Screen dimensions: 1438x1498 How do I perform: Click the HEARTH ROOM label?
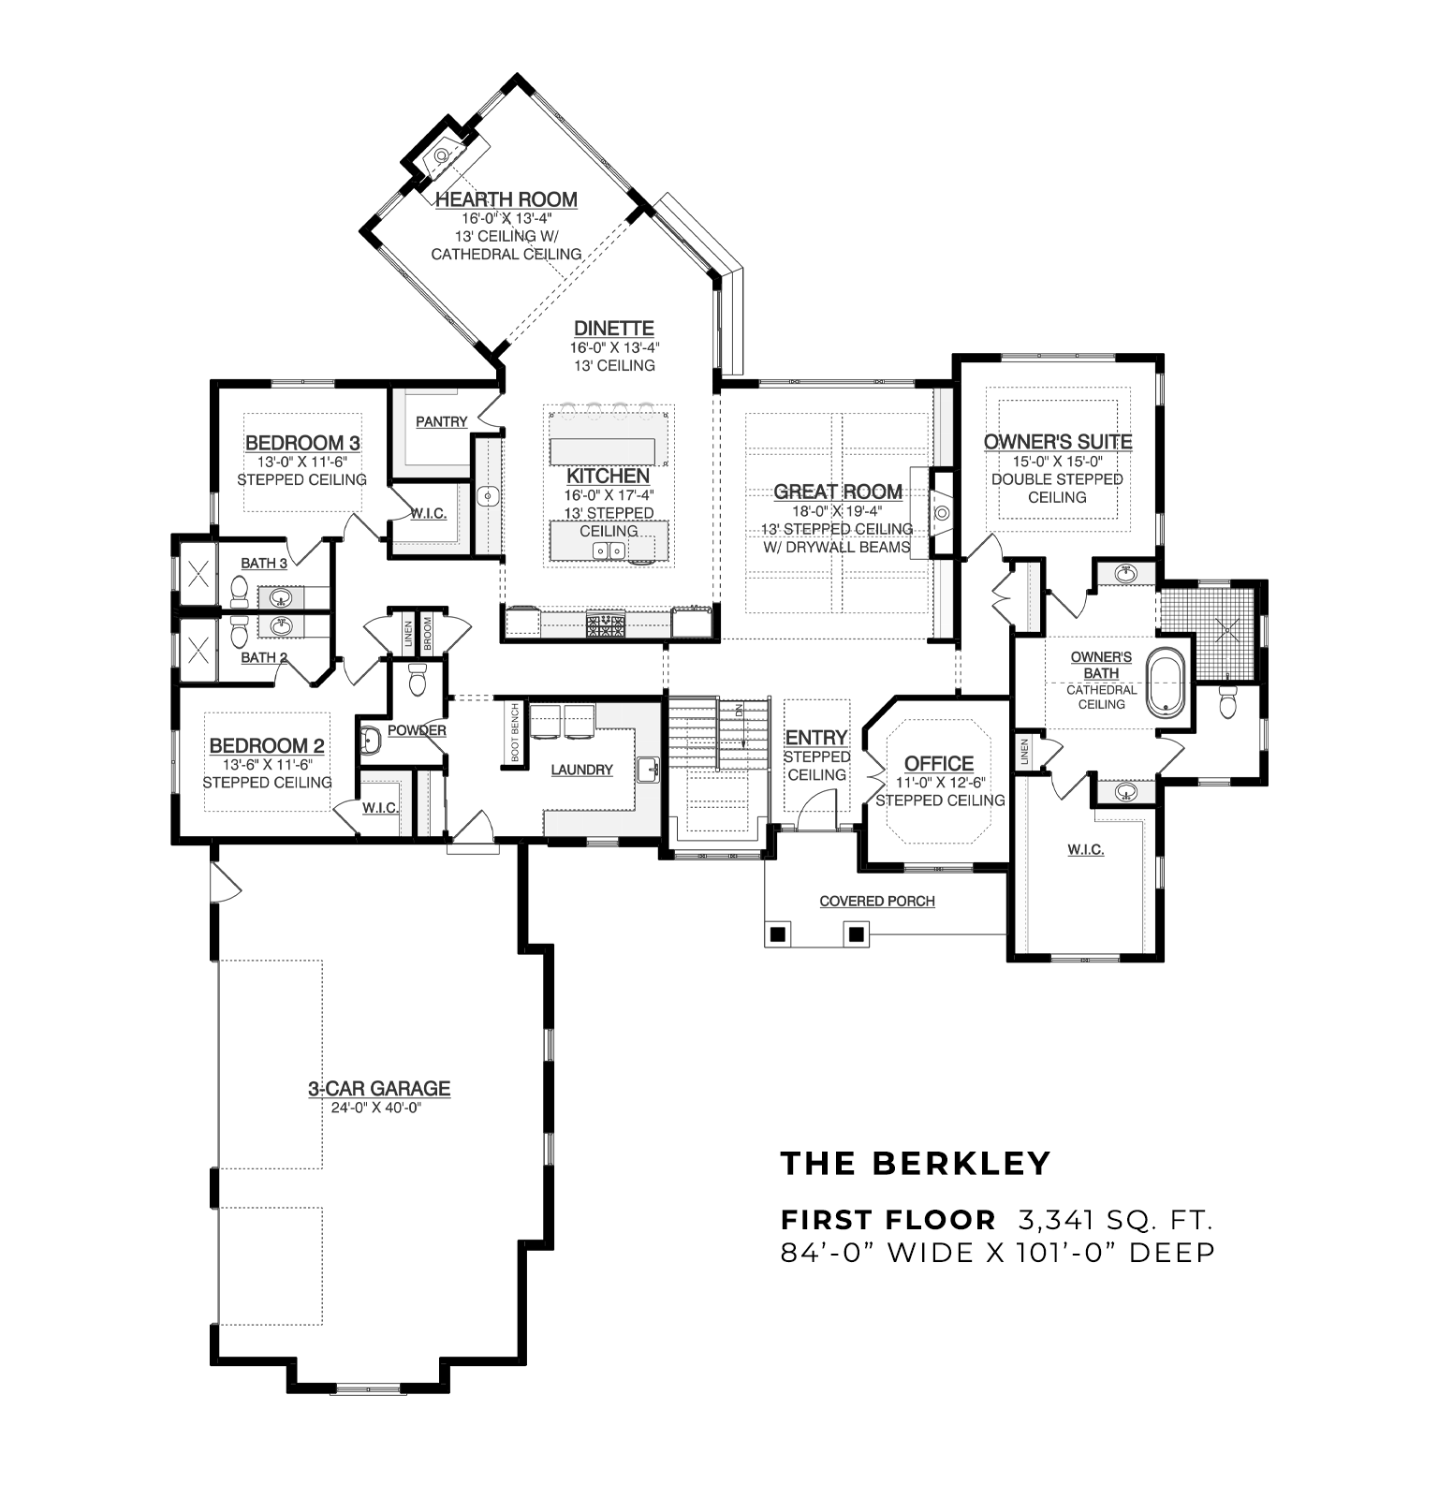point(506,199)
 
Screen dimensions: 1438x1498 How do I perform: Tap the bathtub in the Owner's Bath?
point(1167,683)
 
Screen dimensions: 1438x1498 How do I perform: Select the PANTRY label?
point(441,422)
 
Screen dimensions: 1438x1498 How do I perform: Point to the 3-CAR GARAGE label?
point(379,1089)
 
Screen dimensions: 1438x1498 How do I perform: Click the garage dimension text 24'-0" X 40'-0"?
point(377,1108)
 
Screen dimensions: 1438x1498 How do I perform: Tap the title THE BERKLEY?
point(916,1163)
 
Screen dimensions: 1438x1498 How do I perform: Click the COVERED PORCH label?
point(877,902)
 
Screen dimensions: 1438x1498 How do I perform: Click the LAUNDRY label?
point(581,770)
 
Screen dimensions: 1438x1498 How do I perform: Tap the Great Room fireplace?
point(940,512)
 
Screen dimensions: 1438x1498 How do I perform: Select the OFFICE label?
point(939,764)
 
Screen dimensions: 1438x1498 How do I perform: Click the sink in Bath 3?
point(279,596)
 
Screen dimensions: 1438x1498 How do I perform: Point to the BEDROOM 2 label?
point(267,746)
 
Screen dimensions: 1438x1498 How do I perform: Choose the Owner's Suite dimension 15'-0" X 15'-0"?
point(1057,461)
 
